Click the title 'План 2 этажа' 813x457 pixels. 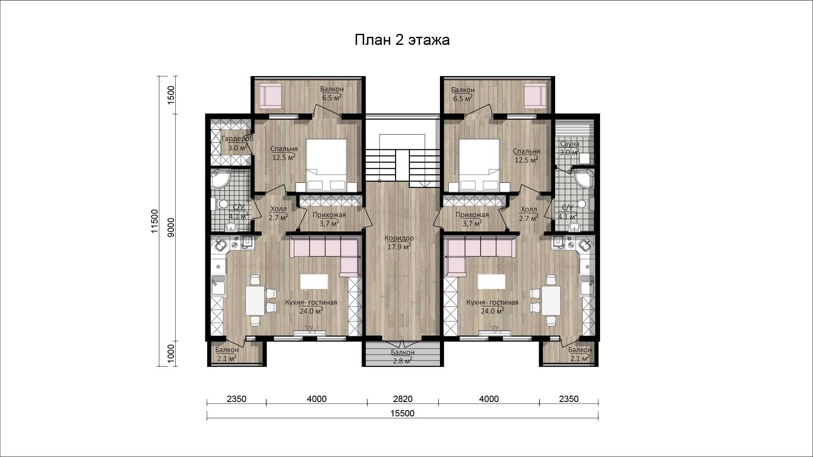[x=401, y=40]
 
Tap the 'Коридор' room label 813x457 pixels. [x=399, y=238]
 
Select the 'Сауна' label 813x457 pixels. [x=569, y=144]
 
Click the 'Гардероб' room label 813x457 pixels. [x=238, y=139]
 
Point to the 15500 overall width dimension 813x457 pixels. [x=402, y=413]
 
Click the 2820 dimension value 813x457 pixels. [x=402, y=399]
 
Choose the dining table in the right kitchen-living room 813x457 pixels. [x=551, y=300]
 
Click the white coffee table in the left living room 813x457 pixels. [x=314, y=281]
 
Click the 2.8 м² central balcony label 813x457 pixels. [x=402, y=361]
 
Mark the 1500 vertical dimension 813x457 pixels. [x=171, y=95]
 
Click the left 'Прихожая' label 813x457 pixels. [x=329, y=215]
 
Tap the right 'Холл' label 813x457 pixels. [x=528, y=209]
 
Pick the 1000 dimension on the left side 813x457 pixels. [x=171, y=352]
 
